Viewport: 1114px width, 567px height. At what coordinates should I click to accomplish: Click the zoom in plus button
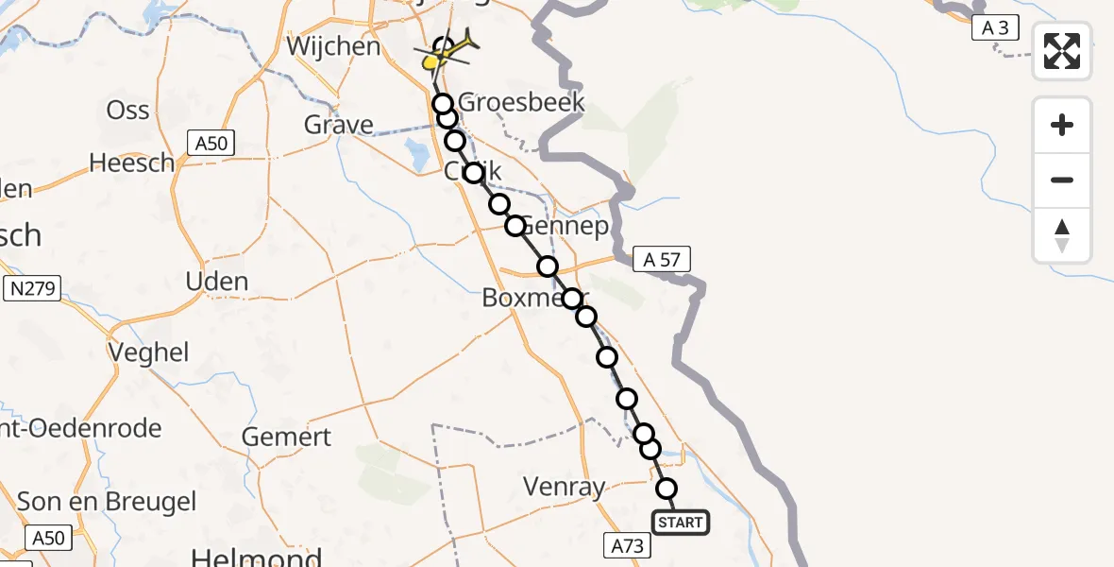click(x=1062, y=125)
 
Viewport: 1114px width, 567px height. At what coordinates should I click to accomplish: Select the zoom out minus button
click(x=1062, y=180)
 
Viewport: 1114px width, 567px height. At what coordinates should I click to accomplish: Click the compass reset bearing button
click(x=1062, y=235)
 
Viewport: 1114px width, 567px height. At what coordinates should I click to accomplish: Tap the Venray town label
click(x=564, y=488)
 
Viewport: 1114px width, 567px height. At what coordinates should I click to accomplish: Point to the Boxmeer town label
click(x=524, y=298)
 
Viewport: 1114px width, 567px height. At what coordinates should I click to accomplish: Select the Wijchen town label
click(x=333, y=46)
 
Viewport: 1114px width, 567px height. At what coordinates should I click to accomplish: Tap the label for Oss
click(x=127, y=111)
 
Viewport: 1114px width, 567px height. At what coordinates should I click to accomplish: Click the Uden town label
click(x=217, y=282)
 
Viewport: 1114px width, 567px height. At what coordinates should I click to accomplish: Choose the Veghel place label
click(x=149, y=352)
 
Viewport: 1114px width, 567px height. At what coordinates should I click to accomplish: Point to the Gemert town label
click(x=286, y=438)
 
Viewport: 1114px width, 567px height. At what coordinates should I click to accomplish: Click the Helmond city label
click(x=245, y=556)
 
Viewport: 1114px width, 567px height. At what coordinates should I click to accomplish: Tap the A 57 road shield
click(x=663, y=259)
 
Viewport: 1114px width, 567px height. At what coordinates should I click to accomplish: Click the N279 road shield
click(x=32, y=290)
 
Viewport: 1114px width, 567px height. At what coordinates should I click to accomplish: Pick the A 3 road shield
click(x=995, y=28)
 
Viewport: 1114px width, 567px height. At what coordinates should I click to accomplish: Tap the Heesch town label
click(x=131, y=163)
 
